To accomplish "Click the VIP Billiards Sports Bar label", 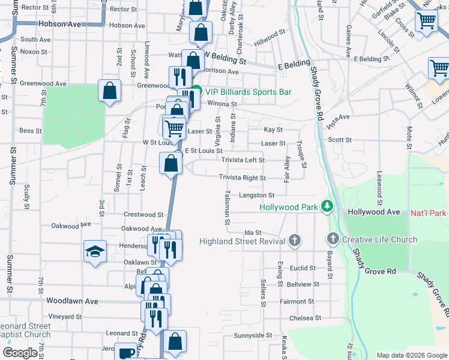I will [x=248, y=92].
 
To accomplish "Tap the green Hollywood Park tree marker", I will [x=327, y=206].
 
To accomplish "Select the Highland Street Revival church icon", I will [x=294, y=241].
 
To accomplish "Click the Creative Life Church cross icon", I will [x=333, y=239].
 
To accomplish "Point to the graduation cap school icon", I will [x=95, y=251].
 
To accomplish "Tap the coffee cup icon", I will [x=125, y=353].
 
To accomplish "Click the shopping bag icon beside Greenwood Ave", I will [x=110, y=91].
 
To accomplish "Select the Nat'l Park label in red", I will [x=429, y=213].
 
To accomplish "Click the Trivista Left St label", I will [x=243, y=160].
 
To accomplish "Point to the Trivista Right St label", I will [x=243, y=178].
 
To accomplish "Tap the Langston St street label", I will [x=256, y=195].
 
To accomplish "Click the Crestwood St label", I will [x=143, y=214].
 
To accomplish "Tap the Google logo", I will [x=20, y=353].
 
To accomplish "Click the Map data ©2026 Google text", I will [x=411, y=355].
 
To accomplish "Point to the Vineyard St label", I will [x=65, y=316].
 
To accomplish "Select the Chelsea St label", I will [x=306, y=318].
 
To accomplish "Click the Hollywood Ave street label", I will [x=373, y=212].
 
